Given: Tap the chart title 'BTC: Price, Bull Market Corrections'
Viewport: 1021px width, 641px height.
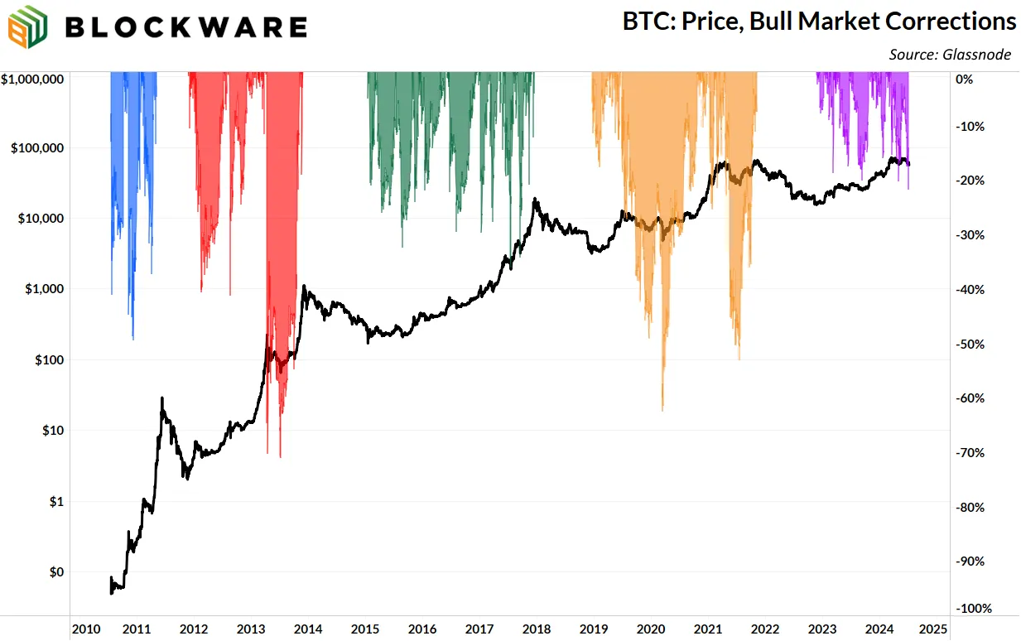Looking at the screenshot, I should tap(819, 21).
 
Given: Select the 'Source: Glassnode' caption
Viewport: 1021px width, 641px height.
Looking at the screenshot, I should tap(950, 55).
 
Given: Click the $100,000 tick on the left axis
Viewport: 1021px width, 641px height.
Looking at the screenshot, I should tap(38, 148).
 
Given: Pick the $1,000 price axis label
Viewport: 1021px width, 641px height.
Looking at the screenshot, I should tap(44, 289).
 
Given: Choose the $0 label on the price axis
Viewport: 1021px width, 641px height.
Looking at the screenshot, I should tap(55, 572).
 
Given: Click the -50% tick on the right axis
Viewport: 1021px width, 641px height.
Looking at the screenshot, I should tap(970, 344).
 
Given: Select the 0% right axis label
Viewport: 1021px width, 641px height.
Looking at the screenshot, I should tap(964, 80).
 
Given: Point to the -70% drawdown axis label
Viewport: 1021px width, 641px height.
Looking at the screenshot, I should tap(970, 453).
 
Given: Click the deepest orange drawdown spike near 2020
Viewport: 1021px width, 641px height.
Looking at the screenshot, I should tap(662, 389).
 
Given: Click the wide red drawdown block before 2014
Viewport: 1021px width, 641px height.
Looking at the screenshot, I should tap(284, 207).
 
